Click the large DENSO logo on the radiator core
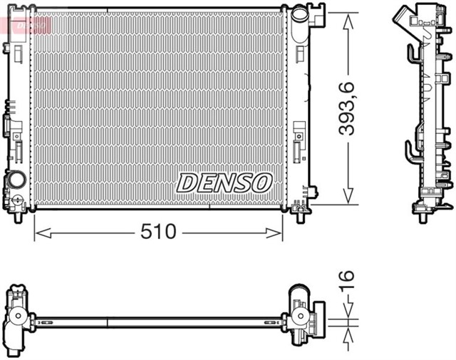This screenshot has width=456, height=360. pyautogui.click(x=224, y=182)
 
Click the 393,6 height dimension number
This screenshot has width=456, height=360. pyautogui.click(x=347, y=108)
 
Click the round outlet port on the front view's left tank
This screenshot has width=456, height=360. pyautogui.click(x=16, y=180)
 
